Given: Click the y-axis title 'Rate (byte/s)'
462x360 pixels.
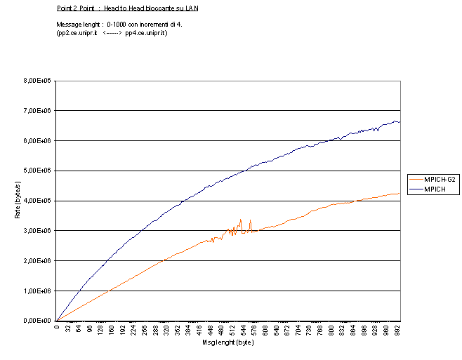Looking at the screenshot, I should coord(18,201).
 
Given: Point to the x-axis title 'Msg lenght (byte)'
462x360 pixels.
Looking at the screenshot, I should coord(227,342).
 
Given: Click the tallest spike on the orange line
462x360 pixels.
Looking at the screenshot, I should coord(241,220).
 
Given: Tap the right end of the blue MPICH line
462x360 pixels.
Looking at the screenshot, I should coord(400,122).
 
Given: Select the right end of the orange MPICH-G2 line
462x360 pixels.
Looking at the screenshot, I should coord(400,193).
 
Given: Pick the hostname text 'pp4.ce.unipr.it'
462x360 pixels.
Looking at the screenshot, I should coord(146,32).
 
